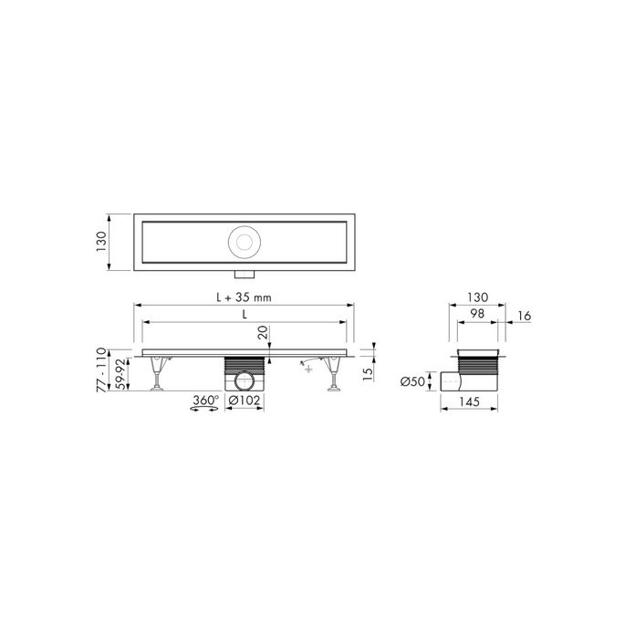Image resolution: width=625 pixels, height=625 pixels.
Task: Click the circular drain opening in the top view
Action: (x=245, y=241)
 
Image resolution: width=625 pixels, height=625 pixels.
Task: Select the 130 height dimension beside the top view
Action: (x=103, y=242)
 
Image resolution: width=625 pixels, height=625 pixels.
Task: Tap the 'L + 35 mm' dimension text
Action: (x=245, y=297)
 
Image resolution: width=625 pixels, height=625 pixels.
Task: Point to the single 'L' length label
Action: (x=245, y=313)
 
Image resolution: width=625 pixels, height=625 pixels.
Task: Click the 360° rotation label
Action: (x=204, y=401)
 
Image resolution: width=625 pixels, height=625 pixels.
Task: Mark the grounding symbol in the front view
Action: (x=307, y=367)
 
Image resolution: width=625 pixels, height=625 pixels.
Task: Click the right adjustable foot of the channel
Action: (x=336, y=376)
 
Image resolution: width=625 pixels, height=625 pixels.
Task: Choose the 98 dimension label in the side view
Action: (x=475, y=314)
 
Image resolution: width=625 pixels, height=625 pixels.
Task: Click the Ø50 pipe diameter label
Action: (x=413, y=380)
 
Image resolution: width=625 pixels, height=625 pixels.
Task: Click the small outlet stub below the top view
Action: (x=244, y=275)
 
